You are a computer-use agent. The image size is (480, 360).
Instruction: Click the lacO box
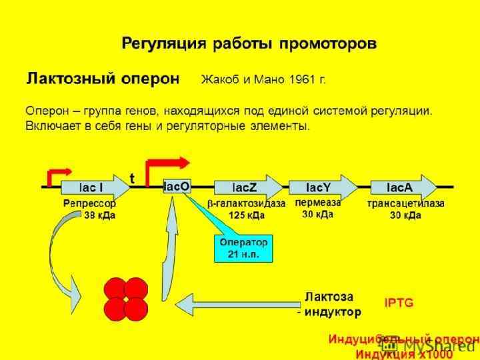pyautogui.click(x=177, y=187)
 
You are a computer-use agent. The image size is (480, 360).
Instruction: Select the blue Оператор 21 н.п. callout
pyautogui.click(x=243, y=248)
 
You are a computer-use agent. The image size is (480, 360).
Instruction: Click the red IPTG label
pyautogui.click(x=399, y=302)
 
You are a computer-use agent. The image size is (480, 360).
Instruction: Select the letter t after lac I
pyautogui.click(x=133, y=178)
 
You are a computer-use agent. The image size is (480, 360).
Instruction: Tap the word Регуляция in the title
pyautogui.click(x=163, y=44)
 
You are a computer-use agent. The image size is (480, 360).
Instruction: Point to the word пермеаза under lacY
pyautogui.click(x=318, y=201)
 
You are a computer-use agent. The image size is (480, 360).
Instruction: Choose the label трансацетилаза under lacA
pyautogui.click(x=407, y=203)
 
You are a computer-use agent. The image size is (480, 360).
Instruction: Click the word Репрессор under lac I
pyautogui.click(x=89, y=203)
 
